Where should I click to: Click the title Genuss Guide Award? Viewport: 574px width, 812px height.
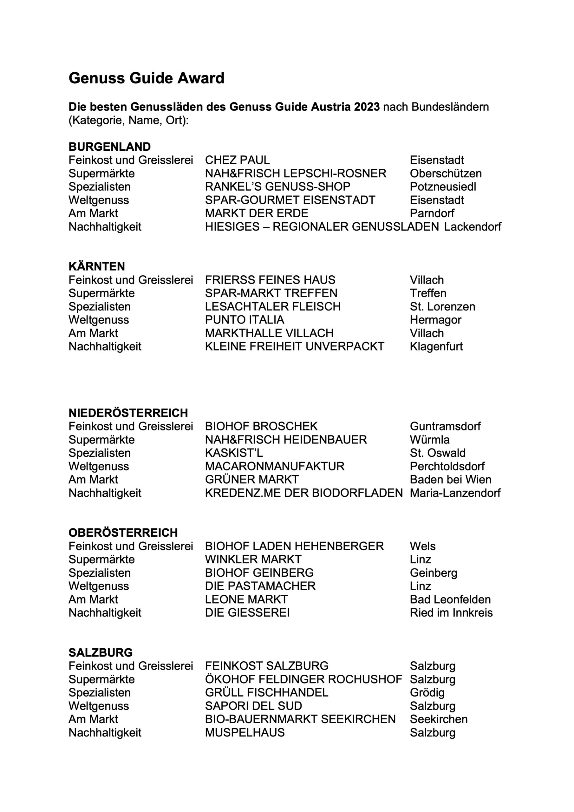(147, 78)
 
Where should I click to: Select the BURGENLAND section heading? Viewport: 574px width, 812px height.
(110, 147)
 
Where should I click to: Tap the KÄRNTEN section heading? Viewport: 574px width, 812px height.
(96, 266)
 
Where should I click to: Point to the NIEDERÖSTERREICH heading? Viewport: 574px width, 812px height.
(128, 413)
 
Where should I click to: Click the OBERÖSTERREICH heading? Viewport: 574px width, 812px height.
(123, 533)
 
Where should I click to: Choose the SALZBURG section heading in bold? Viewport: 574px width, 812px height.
(101, 652)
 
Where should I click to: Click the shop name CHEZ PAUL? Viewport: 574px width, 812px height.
(237, 160)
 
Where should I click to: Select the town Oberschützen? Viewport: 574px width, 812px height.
(446, 173)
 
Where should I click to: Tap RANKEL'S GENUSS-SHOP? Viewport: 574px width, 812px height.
(277, 187)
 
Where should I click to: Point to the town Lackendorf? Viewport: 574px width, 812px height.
(473, 227)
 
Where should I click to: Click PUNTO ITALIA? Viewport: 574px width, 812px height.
(245, 320)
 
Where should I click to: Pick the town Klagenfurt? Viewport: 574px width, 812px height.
(436, 346)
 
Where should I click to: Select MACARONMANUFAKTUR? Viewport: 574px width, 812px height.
(274, 466)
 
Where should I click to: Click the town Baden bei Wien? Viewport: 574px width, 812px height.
(451, 480)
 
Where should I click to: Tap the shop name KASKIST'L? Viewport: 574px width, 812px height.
(234, 453)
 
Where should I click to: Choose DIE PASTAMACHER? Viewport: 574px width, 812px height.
(260, 586)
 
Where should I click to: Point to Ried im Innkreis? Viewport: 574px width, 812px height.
(451, 612)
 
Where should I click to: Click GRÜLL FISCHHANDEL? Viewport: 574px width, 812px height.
(266, 692)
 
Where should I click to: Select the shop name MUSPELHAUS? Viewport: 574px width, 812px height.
(245, 732)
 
